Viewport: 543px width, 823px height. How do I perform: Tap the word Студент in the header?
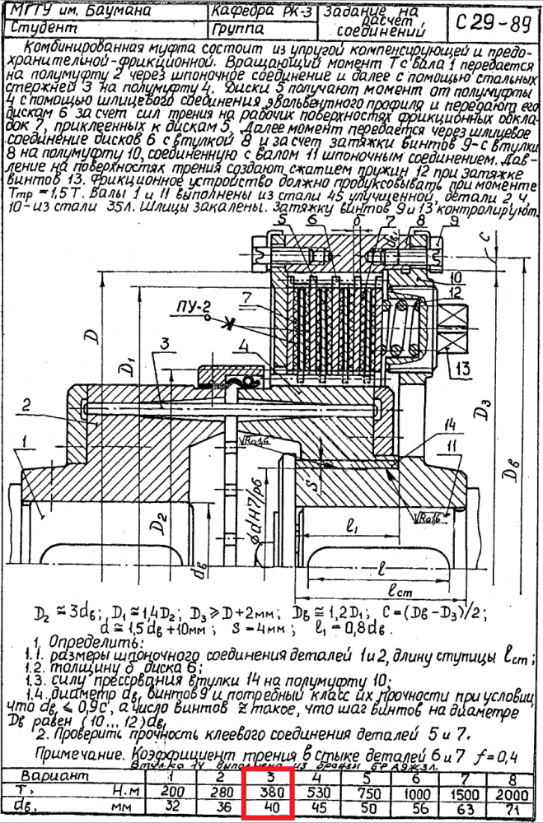pyautogui.click(x=41, y=28)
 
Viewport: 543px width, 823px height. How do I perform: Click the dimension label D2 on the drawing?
pyautogui.click(x=161, y=523)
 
